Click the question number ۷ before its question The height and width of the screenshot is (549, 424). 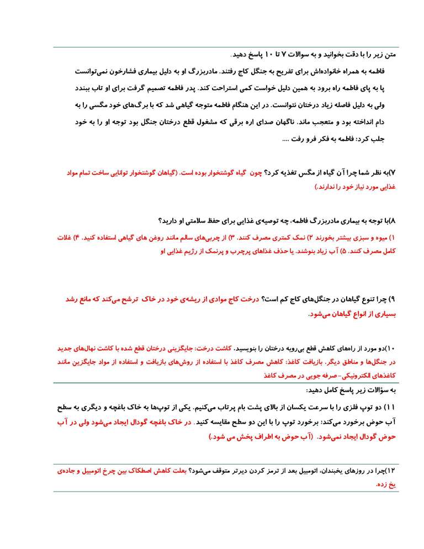coord(394,173)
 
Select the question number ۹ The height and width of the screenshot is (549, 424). coord(393,299)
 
